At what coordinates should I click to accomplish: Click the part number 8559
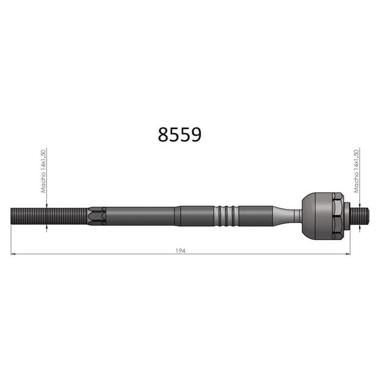coord(179,135)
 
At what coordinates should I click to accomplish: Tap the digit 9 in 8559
coord(195,135)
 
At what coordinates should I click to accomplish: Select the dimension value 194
coord(180,250)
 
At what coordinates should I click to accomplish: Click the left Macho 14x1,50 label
coord(43,171)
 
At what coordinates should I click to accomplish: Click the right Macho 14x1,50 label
coord(356,171)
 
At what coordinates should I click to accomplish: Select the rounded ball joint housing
coord(317,216)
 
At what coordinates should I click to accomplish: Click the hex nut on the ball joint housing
coord(337,216)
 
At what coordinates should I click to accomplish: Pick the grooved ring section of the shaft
coord(226,216)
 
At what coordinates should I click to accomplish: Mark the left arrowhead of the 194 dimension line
coord(13,254)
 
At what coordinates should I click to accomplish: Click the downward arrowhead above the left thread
coord(46,206)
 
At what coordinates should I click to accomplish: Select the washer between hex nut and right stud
coord(347,216)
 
